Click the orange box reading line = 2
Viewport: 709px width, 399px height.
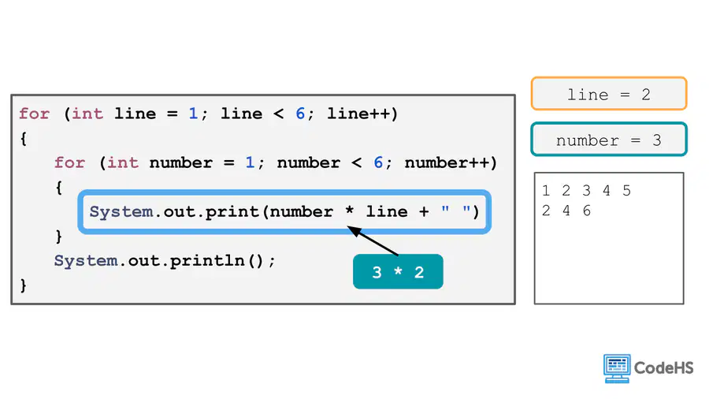tap(609, 94)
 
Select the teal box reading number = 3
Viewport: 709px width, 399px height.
tap(609, 140)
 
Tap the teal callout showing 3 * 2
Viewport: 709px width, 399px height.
tap(398, 271)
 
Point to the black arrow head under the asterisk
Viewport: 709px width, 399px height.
tap(354, 231)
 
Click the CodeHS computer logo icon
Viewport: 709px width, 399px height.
tap(617, 368)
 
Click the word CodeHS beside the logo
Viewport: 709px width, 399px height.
tap(664, 367)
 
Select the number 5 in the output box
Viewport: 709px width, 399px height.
tap(626, 191)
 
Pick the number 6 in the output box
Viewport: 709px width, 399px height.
tap(586, 211)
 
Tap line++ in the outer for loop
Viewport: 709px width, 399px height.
tap(362, 114)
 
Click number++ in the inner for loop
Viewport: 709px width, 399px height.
tap(451, 162)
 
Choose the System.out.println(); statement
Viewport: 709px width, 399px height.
tap(165, 260)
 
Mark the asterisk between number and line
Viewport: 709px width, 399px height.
tap(349, 211)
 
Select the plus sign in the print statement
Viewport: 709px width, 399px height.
tap(424, 211)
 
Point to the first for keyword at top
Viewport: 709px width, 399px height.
tap(35, 114)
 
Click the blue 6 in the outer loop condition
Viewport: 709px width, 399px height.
tap(300, 114)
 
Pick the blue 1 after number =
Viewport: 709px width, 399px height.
tap(250, 162)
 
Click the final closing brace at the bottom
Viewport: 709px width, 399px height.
tap(24, 285)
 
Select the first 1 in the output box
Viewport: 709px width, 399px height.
tap(546, 191)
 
